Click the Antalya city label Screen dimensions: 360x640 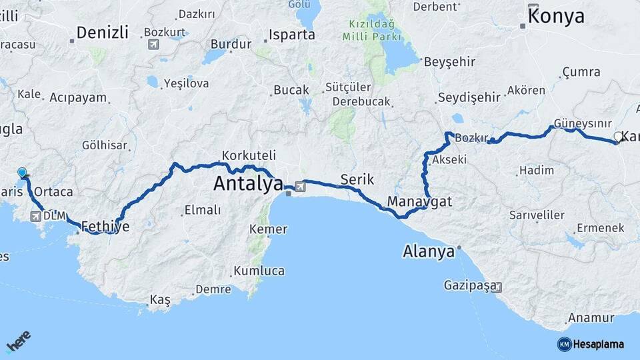248,184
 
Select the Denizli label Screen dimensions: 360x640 102,33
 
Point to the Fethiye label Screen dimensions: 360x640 105,227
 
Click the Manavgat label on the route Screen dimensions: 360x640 419,201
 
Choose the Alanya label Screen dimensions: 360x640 429,251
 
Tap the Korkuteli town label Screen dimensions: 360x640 249,155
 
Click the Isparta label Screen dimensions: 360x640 291,35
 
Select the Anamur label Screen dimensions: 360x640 591,318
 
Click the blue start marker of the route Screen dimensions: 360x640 23,173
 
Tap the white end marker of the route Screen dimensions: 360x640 617,137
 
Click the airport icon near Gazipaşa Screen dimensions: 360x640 497,287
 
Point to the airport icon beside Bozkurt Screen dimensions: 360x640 154,45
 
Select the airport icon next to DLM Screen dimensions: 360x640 35,215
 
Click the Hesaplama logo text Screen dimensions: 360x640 598,344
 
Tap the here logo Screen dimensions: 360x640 19,343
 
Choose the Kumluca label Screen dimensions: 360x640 259,271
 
